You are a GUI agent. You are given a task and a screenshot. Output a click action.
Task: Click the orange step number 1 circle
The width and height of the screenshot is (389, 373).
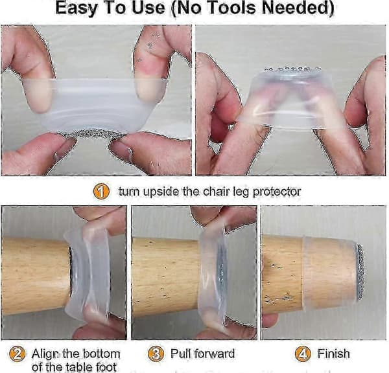click(101, 191)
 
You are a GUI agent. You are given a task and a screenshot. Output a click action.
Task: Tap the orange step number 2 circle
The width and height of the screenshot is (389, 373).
click(18, 354)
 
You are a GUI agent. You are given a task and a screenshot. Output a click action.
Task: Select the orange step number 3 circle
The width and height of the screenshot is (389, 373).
click(156, 354)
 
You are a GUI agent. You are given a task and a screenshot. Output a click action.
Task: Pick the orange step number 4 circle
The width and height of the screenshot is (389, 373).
click(303, 354)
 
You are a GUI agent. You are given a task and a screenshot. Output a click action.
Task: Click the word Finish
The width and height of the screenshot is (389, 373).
click(334, 354)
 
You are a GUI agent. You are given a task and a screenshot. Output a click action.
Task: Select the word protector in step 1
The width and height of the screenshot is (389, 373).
click(277, 192)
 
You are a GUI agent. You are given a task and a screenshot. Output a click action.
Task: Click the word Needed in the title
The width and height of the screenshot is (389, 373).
click(298, 8)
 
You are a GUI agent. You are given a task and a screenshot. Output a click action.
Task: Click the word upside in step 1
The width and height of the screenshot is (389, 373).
click(159, 192)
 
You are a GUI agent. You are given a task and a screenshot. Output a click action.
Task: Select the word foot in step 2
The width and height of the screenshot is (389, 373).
click(106, 367)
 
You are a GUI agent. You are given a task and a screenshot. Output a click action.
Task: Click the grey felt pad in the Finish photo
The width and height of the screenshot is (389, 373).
click(360, 271)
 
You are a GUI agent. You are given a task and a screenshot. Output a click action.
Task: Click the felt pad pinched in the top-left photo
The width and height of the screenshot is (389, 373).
click(93, 134)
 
